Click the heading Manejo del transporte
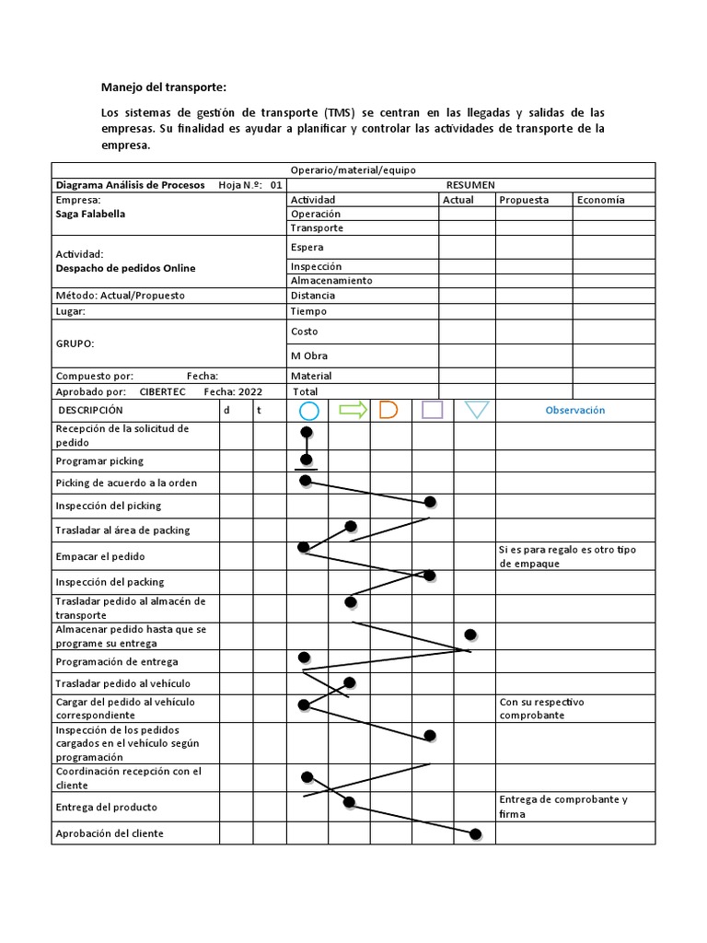[162, 87]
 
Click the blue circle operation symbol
[308, 410]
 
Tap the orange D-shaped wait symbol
[388, 410]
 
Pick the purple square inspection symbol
[433, 410]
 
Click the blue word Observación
[575, 410]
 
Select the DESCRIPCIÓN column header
[90, 410]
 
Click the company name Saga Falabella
[90, 214]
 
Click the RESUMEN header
[470, 185]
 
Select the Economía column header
[600, 200]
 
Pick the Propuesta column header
[524, 200]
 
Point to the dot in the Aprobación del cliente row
[475, 834]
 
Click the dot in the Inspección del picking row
[430, 502]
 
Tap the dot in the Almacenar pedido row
[470, 634]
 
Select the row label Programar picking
[99, 460]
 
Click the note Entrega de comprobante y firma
[562, 807]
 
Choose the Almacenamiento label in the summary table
[331, 281]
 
